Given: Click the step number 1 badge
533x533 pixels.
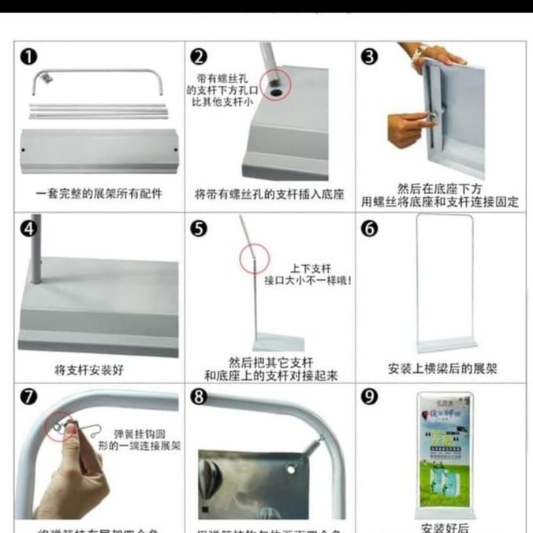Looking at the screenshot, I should click(x=29, y=57).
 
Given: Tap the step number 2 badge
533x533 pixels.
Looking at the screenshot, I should click(x=199, y=57).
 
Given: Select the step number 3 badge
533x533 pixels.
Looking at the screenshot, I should click(x=370, y=57).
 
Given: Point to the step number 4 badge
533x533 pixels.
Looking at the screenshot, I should click(x=29, y=229).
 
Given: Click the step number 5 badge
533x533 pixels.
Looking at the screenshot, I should click(x=199, y=229).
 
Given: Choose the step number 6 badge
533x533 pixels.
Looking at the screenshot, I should click(x=370, y=229).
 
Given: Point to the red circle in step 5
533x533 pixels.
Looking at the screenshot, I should click(x=254, y=259).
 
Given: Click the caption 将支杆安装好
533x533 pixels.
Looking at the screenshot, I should click(x=88, y=369).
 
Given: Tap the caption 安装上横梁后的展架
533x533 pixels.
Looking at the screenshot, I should click(x=442, y=368).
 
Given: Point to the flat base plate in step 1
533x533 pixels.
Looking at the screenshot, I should click(x=99, y=151).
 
